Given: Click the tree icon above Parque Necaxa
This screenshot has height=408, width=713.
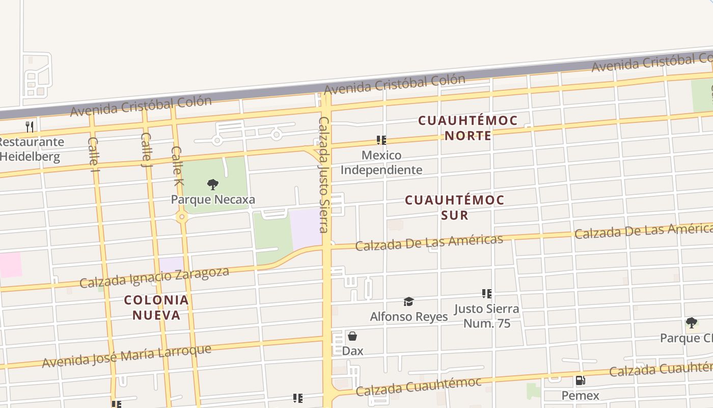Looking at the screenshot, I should pos(213,185).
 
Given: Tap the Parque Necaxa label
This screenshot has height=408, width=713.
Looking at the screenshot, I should pos(213,199).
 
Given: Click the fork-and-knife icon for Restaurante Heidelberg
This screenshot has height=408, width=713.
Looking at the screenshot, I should pos(30,126).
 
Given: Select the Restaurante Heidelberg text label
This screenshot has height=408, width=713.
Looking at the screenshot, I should pos(31,149).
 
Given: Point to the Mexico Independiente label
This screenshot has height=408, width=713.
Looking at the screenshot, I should pos(381,162).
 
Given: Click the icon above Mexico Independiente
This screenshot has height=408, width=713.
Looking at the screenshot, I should pos(381,140).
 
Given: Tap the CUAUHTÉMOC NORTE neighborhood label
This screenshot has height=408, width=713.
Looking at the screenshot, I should pos(468,128).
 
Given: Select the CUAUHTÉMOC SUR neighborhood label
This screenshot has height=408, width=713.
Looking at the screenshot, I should pos(454,208).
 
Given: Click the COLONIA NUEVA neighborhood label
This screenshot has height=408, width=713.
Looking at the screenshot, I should pos(157,308).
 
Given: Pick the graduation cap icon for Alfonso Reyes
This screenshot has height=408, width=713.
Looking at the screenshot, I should pos(408,302).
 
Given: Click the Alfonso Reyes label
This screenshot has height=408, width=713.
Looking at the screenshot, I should pos(408,317).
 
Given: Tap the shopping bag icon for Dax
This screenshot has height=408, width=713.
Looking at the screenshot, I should pos(352,336).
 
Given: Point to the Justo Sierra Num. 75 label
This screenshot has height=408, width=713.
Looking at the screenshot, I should pos(486,316).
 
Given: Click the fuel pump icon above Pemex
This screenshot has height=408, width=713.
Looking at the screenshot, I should pos(580,380).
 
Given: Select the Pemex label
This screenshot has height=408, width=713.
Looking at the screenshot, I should pos(580,395).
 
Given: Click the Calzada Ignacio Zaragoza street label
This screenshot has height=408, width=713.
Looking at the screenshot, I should pos(154,276).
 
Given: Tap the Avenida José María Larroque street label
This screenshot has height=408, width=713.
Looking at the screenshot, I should pos(126,356).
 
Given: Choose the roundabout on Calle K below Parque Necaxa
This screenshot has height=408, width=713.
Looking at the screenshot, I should pos(182,217).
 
